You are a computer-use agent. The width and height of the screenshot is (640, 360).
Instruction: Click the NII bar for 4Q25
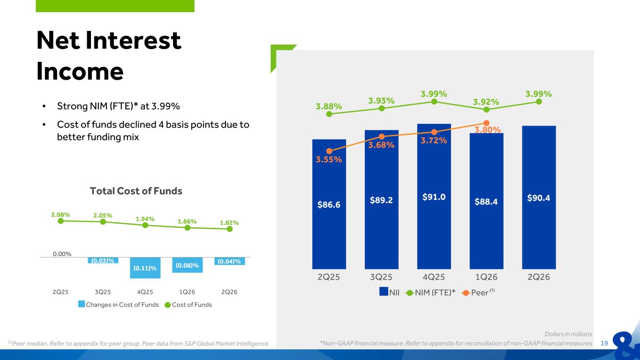434,196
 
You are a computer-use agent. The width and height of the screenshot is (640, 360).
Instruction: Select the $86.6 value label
329,204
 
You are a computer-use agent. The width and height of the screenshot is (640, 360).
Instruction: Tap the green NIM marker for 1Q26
486,110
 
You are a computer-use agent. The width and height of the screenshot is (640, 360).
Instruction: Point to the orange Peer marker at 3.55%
329,151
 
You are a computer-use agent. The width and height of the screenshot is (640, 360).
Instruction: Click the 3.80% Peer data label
488,130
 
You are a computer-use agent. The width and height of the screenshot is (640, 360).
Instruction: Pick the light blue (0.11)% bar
145,268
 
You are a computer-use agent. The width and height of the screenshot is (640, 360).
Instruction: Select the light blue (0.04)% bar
229,261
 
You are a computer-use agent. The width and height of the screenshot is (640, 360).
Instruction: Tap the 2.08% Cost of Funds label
60,215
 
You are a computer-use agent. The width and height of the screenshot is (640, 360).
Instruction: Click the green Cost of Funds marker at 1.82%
229,229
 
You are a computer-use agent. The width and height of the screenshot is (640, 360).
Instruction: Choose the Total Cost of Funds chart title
136,191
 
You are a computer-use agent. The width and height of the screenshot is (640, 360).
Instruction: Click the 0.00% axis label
62,254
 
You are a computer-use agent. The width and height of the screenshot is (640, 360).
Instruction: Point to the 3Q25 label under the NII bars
381,277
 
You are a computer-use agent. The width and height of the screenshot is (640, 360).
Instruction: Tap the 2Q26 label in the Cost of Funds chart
229,292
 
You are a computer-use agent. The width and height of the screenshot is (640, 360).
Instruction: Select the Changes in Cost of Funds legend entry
119,305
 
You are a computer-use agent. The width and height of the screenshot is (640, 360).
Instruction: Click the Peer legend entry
478,292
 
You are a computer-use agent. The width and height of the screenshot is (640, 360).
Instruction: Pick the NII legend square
384,292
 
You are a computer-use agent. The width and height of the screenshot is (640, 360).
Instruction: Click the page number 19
604,343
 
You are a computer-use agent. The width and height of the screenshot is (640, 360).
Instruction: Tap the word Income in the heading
80,71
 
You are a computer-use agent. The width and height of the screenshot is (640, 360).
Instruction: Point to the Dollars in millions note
568,334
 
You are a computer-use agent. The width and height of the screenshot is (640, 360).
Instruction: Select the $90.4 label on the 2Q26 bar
539,198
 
